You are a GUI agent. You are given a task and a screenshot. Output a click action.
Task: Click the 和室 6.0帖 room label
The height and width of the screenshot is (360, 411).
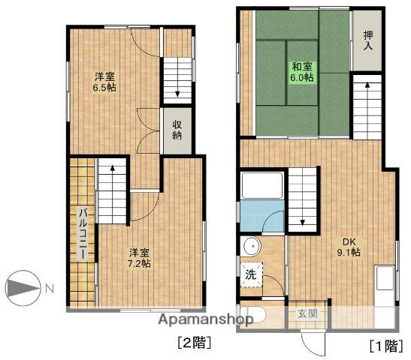302,71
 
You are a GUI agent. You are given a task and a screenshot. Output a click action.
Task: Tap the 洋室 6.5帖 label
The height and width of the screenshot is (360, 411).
104,81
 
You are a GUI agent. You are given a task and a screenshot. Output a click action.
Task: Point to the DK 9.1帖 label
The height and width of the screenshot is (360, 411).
349,247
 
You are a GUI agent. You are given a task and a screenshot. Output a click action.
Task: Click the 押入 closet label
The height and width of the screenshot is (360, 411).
367,40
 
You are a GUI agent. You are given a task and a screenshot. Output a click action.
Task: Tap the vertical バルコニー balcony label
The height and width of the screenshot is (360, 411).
83,232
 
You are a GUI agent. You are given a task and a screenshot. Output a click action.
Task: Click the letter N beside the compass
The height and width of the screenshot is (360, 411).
48,288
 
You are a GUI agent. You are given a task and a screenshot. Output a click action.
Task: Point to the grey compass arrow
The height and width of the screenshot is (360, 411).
22,288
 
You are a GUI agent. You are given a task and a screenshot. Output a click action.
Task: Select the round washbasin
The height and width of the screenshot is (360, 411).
251,246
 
